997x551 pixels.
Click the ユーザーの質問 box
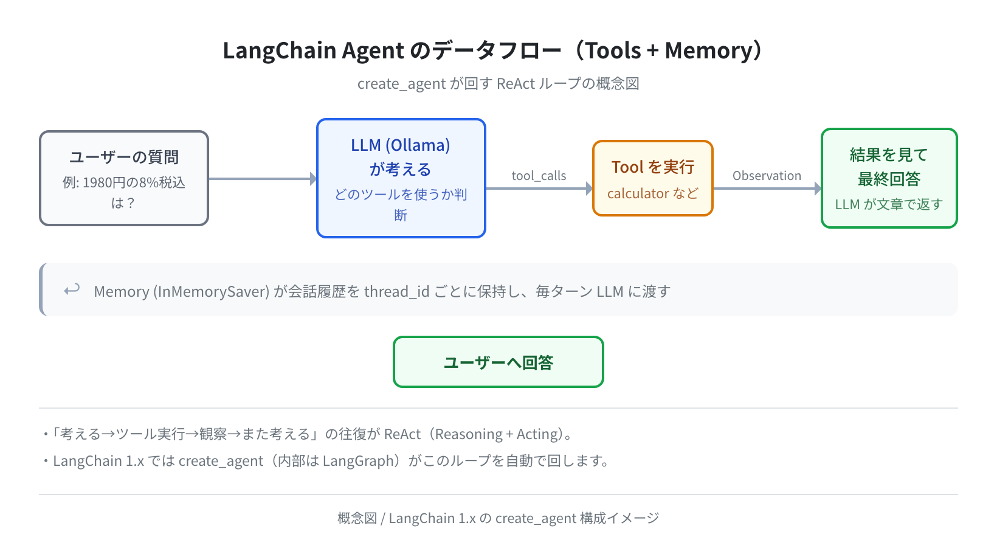pos(124,178)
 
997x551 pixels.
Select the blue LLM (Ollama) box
pos(401,178)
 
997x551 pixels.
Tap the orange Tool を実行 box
pos(652,178)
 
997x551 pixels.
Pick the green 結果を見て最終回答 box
pos(889,178)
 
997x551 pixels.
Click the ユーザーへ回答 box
pos(498,362)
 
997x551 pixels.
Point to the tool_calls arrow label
pos(539,176)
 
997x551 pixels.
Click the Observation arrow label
pos(767,176)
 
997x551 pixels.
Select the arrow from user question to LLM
pos(263,179)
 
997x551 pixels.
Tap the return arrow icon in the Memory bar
pos(72,289)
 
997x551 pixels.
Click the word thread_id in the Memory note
pos(396,291)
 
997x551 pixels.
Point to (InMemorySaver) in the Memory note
pos(211,291)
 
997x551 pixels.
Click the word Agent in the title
pos(373,50)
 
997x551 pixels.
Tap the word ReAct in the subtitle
pos(516,83)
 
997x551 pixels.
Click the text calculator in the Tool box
pos(638,193)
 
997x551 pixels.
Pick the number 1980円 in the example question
pos(105,182)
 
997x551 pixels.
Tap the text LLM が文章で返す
pos(889,204)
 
